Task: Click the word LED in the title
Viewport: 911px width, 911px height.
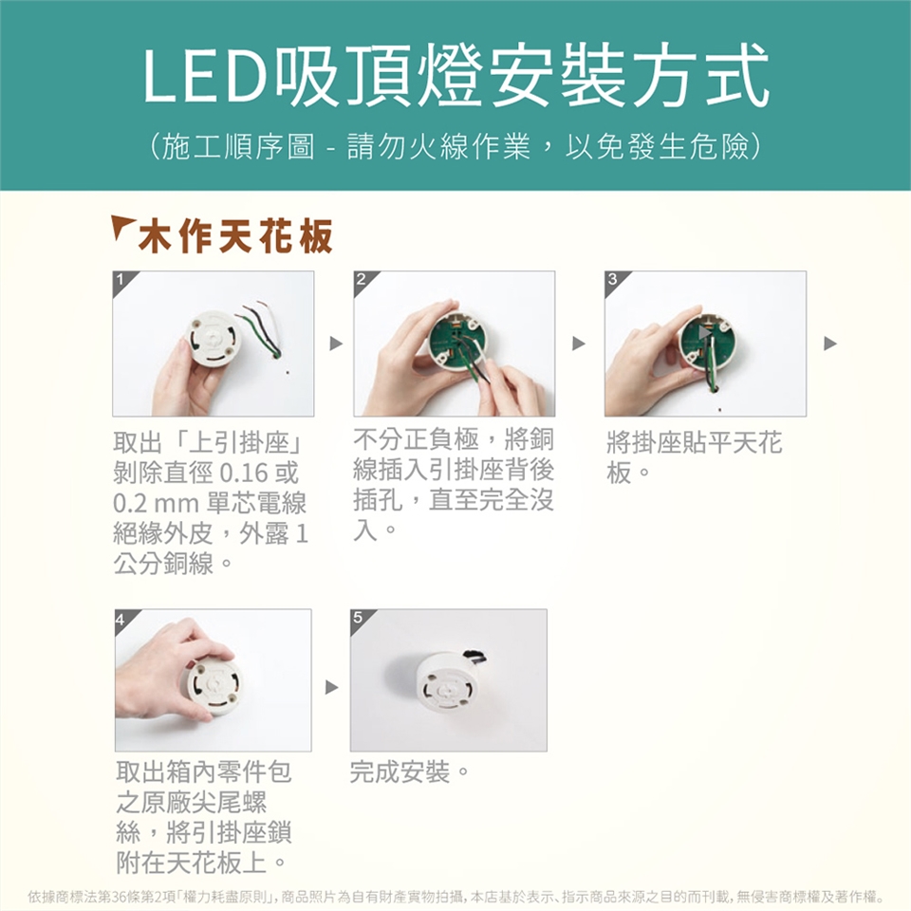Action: (204, 76)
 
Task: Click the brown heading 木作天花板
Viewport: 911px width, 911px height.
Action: (235, 236)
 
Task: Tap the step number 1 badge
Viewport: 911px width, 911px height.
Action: (121, 279)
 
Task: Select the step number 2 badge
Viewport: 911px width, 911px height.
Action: (362, 279)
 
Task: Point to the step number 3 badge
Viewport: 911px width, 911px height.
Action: (612, 279)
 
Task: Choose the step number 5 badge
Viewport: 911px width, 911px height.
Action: (358, 618)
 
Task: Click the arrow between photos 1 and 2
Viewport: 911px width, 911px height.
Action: (336, 344)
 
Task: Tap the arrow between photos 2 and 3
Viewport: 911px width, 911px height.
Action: (578, 344)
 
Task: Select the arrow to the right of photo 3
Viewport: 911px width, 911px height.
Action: (830, 344)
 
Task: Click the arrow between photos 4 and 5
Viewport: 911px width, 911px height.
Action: (332, 687)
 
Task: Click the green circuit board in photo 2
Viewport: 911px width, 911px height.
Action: (456, 342)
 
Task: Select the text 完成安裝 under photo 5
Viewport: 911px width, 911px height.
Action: (400, 772)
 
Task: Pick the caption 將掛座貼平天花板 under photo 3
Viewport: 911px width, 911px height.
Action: (695, 457)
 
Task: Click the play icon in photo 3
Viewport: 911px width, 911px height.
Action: (704, 333)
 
